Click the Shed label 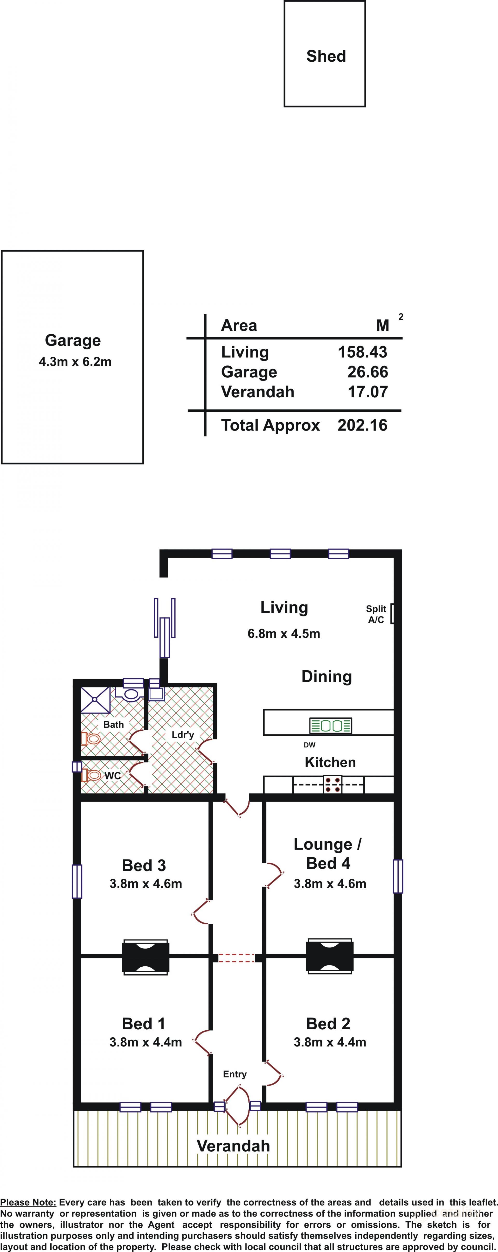click(x=326, y=57)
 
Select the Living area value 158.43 click(x=363, y=352)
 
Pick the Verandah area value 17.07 click(x=368, y=392)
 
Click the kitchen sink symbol click(x=331, y=726)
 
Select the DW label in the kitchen click(x=309, y=745)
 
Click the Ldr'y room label click(x=183, y=735)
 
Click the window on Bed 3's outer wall click(x=77, y=881)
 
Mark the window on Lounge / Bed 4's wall click(x=398, y=876)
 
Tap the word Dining click(x=327, y=677)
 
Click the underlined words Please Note click(x=28, y=1202)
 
